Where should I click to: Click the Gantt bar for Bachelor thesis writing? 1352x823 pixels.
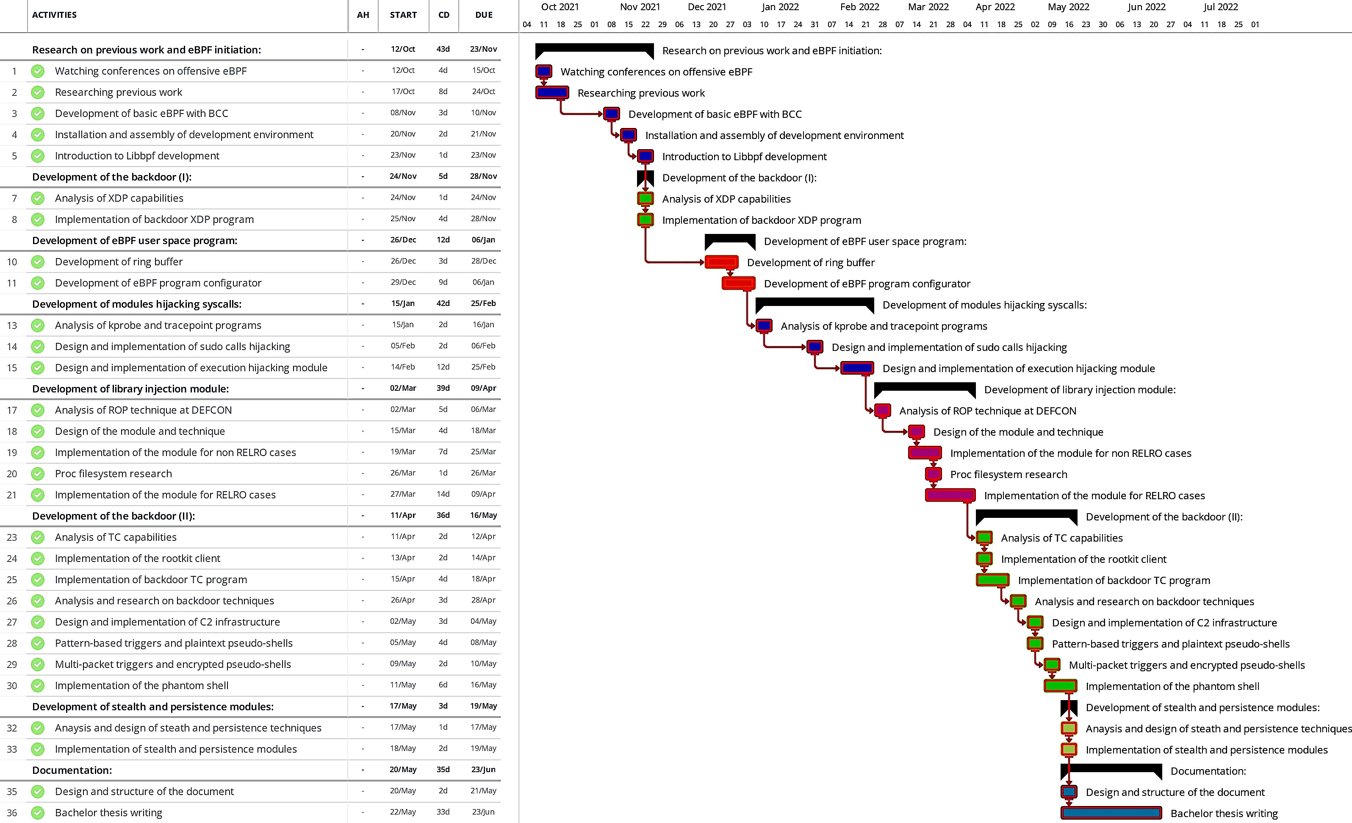coord(1111,812)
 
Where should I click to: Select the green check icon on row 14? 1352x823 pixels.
coord(38,346)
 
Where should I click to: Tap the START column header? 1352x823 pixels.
coord(403,15)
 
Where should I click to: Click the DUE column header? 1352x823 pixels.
coord(483,15)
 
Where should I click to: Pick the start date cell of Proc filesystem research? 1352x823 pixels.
coord(403,473)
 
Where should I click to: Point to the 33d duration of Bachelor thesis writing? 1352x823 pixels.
coord(443,812)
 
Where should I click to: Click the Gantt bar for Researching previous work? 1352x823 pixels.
coord(552,92)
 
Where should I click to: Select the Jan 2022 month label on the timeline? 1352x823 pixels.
coord(780,7)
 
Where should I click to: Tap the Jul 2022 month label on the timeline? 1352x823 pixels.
coord(1220,7)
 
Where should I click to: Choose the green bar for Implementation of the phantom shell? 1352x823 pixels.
coord(1060,686)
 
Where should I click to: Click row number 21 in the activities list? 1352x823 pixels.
coord(12,495)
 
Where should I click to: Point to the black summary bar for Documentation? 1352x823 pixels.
coord(1111,769)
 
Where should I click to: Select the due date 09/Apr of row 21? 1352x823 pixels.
coord(483,494)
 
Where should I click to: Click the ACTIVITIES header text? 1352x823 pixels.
coord(54,15)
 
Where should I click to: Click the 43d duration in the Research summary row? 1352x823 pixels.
coord(443,49)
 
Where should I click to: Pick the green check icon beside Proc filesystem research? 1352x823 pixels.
coord(38,473)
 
